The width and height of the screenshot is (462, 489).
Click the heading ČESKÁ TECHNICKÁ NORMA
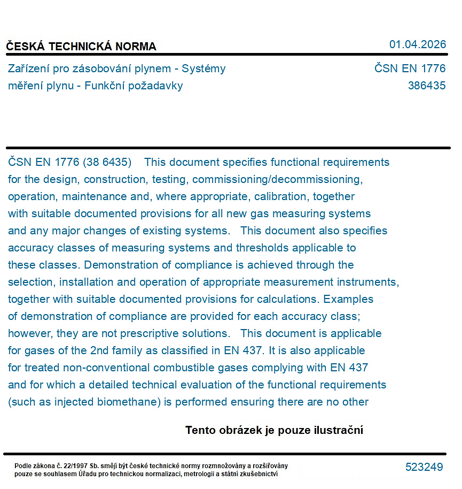[x=81, y=47]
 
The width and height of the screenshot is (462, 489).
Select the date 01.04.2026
[x=417, y=44]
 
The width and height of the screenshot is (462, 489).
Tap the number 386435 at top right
[x=426, y=86]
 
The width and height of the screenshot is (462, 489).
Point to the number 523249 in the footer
[x=424, y=467]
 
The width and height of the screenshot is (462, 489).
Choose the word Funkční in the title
[x=106, y=86]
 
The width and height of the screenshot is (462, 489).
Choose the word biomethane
[x=129, y=402]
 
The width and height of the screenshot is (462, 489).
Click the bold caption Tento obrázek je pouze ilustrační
[x=274, y=430]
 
